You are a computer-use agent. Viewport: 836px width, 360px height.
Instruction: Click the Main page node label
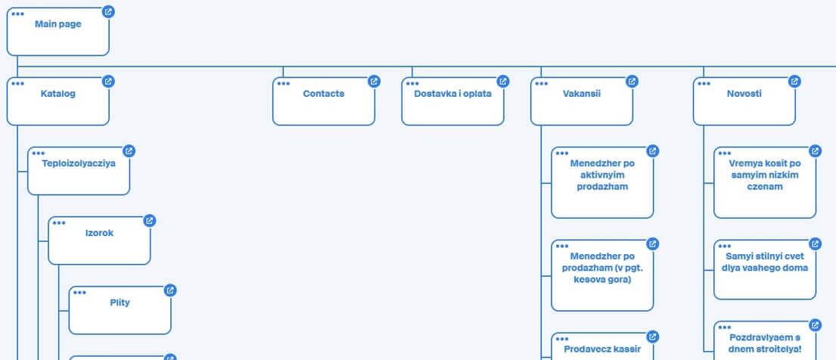point(58,24)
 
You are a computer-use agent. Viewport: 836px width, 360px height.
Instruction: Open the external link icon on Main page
point(108,12)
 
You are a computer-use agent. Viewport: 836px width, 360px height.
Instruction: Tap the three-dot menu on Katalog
point(17,84)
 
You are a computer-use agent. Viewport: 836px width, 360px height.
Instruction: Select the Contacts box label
point(324,94)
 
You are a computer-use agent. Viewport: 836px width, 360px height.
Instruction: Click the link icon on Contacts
point(374,82)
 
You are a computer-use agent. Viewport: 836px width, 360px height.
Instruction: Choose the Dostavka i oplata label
point(452,94)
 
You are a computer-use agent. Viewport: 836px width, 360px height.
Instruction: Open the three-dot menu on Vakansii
point(541,84)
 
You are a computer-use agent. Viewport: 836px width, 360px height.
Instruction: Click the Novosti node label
point(744,94)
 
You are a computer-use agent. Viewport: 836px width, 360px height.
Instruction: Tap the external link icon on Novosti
point(794,82)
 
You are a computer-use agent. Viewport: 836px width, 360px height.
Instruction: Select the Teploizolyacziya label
point(79,163)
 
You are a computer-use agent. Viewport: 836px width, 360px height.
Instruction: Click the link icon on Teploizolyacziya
point(129,151)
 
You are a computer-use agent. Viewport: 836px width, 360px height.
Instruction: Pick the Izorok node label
point(99,233)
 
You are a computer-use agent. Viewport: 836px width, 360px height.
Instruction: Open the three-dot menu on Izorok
point(59,223)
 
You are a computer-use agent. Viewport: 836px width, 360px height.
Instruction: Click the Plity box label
point(120,303)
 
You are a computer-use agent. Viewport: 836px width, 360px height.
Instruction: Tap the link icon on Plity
point(170,290)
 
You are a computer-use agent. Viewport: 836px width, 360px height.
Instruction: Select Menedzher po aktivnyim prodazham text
point(602,175)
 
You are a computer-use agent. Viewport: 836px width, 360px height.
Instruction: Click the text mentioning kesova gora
point(602,268)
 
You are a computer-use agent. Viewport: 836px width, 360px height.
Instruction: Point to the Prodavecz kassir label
point(602,349)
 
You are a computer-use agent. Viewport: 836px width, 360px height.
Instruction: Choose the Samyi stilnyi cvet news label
point(765,262)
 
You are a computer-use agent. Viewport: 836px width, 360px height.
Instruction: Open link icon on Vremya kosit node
point(816,151)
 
